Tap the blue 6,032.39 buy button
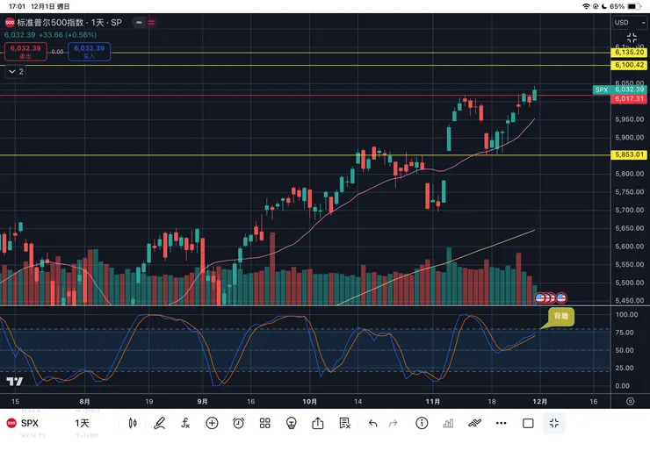click(90, 52)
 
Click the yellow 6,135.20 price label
click(630, 53)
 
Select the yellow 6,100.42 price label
click(630, 65)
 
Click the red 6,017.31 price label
click(630, 99)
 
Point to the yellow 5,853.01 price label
click(630, 155)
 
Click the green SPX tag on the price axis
click(602, 89)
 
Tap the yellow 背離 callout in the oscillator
click(561, 316)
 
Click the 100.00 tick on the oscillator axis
click(626, 314)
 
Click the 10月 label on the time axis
click(307, 401)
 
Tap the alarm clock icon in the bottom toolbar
click(238, 423)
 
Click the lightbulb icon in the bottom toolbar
click(292, 423)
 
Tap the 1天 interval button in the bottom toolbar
click(82, 423)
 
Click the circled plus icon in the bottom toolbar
click(212, 423)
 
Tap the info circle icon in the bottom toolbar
click(422, 423)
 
